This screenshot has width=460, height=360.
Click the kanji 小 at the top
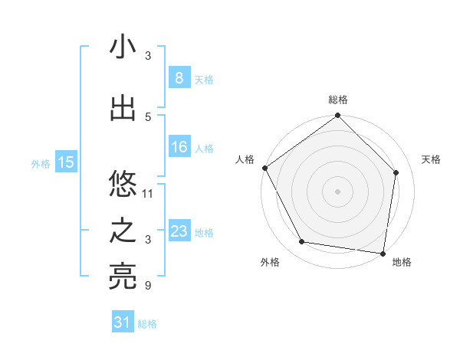click(x=123, y=47)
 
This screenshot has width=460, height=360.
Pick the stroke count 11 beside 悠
click(x=148, y=193)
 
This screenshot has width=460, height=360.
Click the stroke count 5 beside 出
click(x=148, y=116)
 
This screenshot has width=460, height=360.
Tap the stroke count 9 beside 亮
click(x=148, y=286)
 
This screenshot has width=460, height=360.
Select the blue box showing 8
click(x=179, y=78)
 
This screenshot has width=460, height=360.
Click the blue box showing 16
click(x=179, y=147)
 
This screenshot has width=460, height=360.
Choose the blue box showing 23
click(x=179, y=231)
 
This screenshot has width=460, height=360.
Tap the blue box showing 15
click(x=66, y=162)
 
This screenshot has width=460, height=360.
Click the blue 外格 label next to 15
click(x=41, y=163)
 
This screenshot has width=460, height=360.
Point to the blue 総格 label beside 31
click(x=147, y=324)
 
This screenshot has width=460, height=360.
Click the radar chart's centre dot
click(x=337, y=191)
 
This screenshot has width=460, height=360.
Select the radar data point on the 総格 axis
click(x=337, y=116)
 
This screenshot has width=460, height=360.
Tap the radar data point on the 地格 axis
click(x=383, y=253)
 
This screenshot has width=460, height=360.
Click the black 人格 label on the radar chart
click(x=245, y=159)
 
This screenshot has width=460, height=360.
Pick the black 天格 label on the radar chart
click(x=432, y=159)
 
